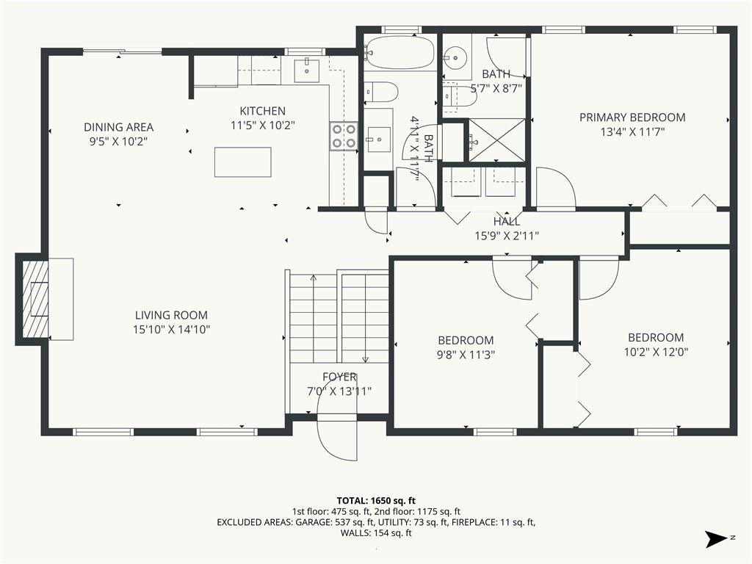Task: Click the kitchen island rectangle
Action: pyautogui.click(x=242, y=162)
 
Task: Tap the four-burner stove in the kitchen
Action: pyautogui.click(x=344, y=136)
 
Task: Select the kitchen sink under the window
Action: pyautogui.click(x=306, y=70)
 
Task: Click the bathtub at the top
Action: pyautogui.click(x=399, y=51)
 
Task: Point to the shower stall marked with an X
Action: pyautogui.click(x=497, y=140)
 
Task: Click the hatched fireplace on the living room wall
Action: pyautogui.click(x=35, y=300)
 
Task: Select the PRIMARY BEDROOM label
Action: pyautogui.click(x=632, y=117)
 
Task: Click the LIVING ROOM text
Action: pyautogui.click(x=171, y=315)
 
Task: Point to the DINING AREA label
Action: pyautogui.click(x=118, y=127)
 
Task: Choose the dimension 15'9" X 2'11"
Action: pyautogui.click(x=507, y=236)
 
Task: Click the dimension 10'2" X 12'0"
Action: pyautogui.click(x=656, y=352)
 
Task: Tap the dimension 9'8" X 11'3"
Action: pyautogui.click(x=466, y=355)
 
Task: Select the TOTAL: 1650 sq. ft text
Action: pyautogui.click(x=376, y=502)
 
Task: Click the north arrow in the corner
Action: pyautogui.click(x=717, y=538)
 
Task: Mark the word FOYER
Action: pyautogui.click(x=339, y=377)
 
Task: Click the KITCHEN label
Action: pyautogui.click(x=262, y=112)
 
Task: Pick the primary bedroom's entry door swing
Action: pyautogui.click(x=555, y=189)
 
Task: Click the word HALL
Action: pyautogui.click(x=507, y=222)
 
